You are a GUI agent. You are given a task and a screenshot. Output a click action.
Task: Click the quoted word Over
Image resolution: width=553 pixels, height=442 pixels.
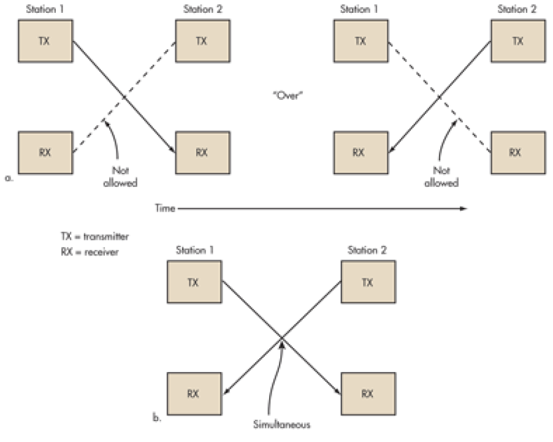pyautogui.click(x=288, y=96)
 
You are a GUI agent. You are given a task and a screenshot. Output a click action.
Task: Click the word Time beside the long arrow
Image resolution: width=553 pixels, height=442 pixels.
pyautogui.click(x=164, y=208)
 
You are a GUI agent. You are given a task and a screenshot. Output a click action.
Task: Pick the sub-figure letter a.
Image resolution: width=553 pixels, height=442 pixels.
pyautogui.click(x=8, y=178)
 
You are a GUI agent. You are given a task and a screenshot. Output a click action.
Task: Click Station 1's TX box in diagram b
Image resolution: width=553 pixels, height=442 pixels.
pyautogui.click(x=194, y=283)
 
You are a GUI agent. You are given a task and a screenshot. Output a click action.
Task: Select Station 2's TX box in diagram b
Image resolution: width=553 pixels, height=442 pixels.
pyautogui.click(x=367, y=283)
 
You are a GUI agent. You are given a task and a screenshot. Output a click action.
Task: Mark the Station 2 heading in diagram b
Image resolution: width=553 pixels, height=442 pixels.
pyautogui.click(x=366, y=250)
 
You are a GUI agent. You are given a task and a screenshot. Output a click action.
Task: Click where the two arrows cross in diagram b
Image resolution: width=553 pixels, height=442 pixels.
pyautogui.click(x=281, y=338)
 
